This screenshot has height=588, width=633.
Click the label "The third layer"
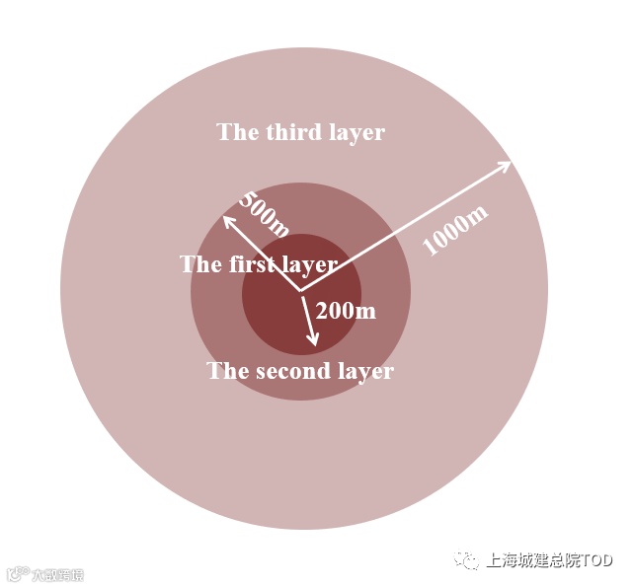click(x=300, y=132)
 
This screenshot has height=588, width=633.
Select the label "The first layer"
click(x=259, y=264)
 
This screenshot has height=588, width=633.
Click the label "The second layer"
click(x=300, y=372)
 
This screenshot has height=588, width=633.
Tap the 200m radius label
click(x=346, y=311)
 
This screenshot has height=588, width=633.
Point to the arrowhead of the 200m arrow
click(x=315, y=341)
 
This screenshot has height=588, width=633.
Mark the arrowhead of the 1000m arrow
click(x=508, y=163)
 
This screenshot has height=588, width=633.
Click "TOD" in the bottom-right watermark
click(x=596, y=560)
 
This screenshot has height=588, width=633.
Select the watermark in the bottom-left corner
click(x=44, y=574)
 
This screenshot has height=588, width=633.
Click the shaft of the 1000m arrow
click(x=405, y=227)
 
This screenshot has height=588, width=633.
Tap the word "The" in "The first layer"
click(x=200, y=264)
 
